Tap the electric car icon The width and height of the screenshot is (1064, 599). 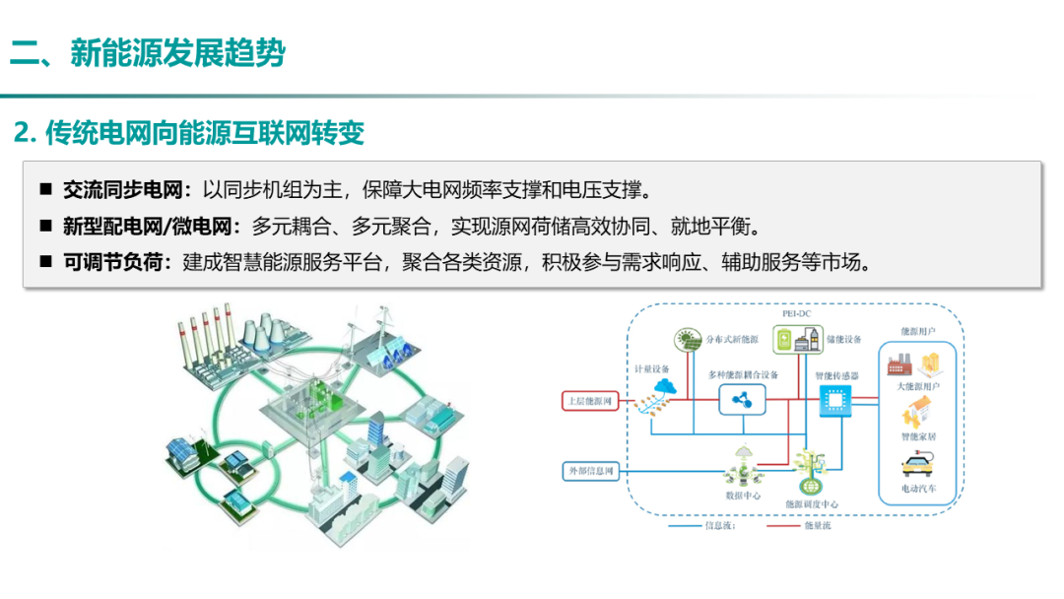(x=918, y=466)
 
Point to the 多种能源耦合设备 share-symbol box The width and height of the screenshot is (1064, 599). (x=743, y=400)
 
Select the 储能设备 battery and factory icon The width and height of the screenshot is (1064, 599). (x=794, y=339)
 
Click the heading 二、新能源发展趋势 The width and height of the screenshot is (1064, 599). (x=148, y=51)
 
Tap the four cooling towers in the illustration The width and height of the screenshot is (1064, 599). (x=258, y=339)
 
